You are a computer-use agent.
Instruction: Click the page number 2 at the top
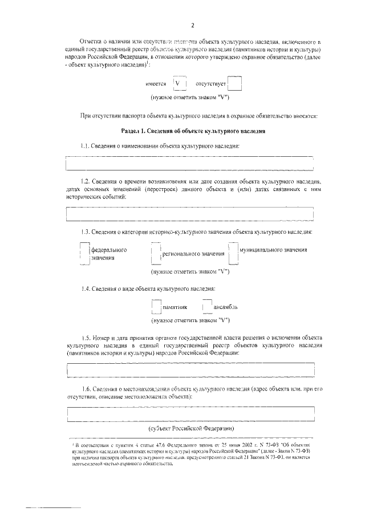coord(193,26)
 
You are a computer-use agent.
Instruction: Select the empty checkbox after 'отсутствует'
coord(235,84)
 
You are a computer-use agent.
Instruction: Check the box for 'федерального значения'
coord(84,254)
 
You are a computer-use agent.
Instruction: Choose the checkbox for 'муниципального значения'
coord(233,251)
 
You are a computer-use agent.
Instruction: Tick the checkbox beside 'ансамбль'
coord(207,307)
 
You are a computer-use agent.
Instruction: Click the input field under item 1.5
coord(190,371)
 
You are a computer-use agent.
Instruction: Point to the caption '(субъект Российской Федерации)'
coord(190,428)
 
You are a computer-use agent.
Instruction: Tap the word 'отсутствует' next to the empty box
coord(211,84)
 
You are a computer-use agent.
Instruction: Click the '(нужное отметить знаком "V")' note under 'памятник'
coord(190,320)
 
